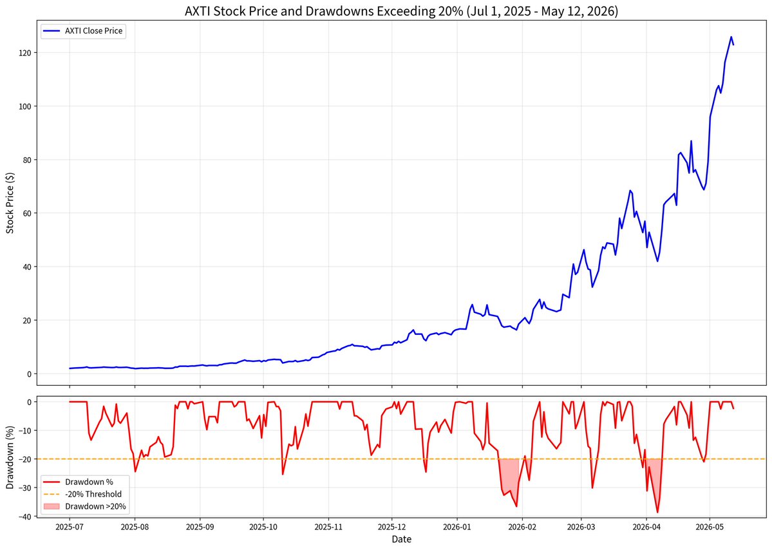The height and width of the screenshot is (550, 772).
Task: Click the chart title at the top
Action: (401, 11)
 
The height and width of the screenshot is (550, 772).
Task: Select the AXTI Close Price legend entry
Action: (83, 31)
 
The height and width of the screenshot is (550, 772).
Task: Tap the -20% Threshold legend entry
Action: (82, 494)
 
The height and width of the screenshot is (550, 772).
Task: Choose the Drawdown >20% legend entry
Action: (85, 506)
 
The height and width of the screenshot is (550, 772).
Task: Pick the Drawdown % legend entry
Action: (79, 482)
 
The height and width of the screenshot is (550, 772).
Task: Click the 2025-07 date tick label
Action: (70, 527)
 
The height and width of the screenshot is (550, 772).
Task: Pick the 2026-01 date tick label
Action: (457, 527)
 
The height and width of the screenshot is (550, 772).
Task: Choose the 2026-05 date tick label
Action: (710, 527)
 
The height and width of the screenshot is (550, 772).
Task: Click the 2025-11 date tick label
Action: (328, 527)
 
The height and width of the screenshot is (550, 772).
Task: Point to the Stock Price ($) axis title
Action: (10, 203)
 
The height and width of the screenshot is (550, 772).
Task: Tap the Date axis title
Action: (401, 539)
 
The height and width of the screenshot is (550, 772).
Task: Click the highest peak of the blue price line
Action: (731, 37)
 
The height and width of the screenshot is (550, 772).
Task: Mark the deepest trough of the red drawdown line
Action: (657, 513)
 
